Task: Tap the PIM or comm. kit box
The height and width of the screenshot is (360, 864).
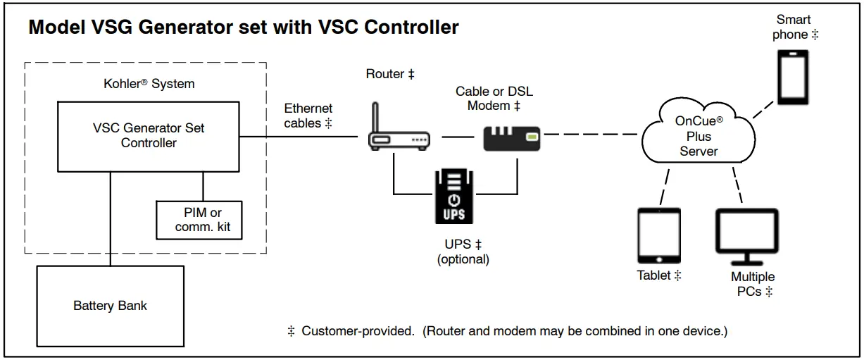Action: coord(198,220)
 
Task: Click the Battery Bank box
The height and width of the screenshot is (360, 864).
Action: coord(110,306)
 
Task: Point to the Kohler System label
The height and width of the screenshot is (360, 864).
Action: coord(149,83)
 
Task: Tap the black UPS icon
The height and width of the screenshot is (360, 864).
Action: coord(454,197)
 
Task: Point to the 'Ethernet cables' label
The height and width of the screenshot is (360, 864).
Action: coord(308,116)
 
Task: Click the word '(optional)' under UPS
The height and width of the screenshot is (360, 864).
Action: coord(463,259)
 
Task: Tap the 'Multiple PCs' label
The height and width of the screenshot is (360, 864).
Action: coord(752,284)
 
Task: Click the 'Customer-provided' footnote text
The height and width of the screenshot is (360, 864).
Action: coord(358,330)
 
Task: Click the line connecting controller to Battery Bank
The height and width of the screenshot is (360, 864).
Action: coord(111,218)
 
